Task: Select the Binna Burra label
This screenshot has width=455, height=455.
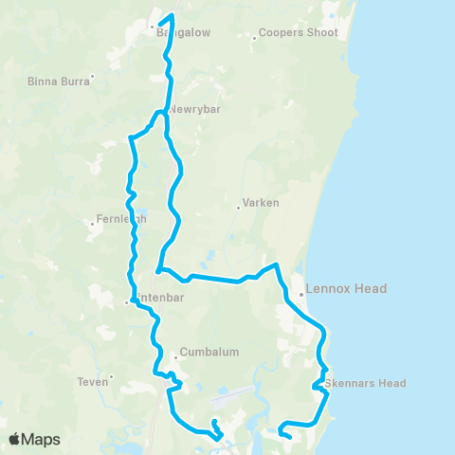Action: [59, 82]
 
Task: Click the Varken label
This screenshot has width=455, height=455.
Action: [259, 203]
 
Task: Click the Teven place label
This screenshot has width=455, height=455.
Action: [93, 383]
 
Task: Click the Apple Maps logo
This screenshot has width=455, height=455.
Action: [34, 439]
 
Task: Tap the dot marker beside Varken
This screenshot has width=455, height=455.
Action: [238, 208]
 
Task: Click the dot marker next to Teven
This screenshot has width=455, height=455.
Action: [112, 377]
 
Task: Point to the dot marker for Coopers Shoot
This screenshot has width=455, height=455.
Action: [256, 39]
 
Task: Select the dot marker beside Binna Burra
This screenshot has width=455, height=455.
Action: [92, 76]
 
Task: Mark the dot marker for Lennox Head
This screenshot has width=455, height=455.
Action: [301, 294]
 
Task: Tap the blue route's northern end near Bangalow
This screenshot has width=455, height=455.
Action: [172, 15]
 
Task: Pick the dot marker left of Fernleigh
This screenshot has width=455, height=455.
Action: [91, 225]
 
